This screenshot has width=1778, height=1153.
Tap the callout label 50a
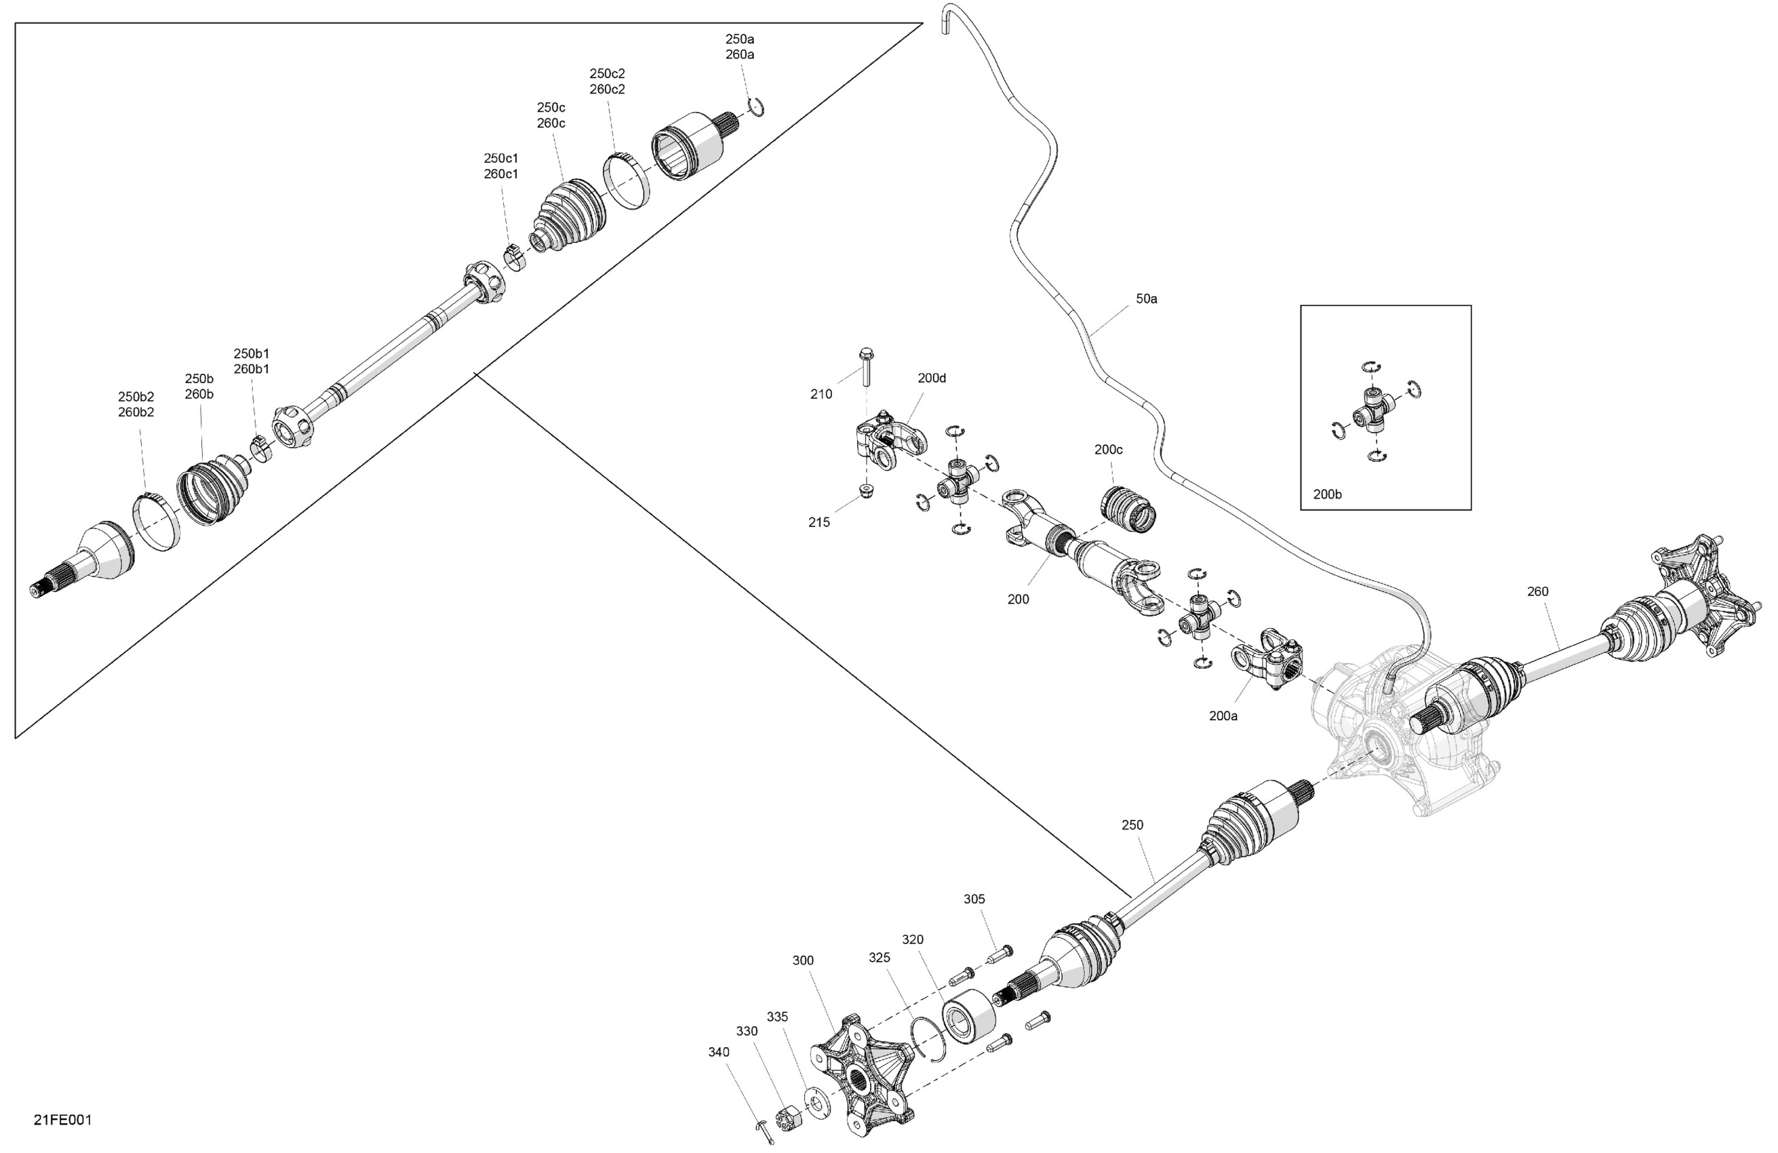tap(1146, 299)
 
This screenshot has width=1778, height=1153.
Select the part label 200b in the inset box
tap(1327, 494)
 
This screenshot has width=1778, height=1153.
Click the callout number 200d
tap(932, 378)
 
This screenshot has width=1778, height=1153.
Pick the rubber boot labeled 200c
tap(1129, 510)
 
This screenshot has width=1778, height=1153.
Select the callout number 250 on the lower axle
tap(1132, 825)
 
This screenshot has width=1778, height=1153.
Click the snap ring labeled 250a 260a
tap(756, 108)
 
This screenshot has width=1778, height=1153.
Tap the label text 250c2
tap(607, 73)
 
